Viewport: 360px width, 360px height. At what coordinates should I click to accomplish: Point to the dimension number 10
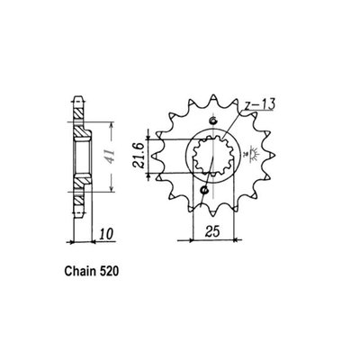109,235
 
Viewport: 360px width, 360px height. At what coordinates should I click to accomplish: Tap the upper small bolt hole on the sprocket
211,122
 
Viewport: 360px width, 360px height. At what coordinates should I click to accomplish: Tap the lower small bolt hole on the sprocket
206,190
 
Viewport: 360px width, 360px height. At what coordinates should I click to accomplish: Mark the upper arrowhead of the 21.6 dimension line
148,135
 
